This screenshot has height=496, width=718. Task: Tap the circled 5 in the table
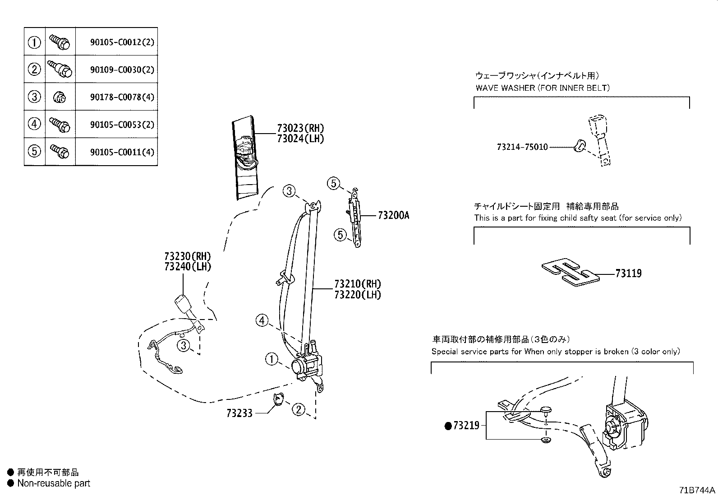pos(35,151)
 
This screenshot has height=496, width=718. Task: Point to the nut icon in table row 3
pos(60,97)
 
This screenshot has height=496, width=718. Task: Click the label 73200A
pos(393,216)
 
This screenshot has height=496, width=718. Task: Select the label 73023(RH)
pos(300,128)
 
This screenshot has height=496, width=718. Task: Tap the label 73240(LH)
pos(188,267)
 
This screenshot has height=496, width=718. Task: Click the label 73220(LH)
pos(357,295)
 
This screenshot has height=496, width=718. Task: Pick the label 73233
pos(239,413)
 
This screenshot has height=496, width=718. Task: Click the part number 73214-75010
pos(522,147)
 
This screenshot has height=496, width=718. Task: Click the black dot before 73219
pos(448,426)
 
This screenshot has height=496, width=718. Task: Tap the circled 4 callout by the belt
pos(262,321)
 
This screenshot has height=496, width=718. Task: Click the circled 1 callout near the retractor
pos(272,359)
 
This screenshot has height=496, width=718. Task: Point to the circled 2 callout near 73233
pos(298,410)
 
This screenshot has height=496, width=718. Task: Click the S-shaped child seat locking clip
pos(571,273)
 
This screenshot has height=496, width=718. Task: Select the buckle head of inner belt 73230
pos(183,303)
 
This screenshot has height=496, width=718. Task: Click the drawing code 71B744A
pos(697,490)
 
